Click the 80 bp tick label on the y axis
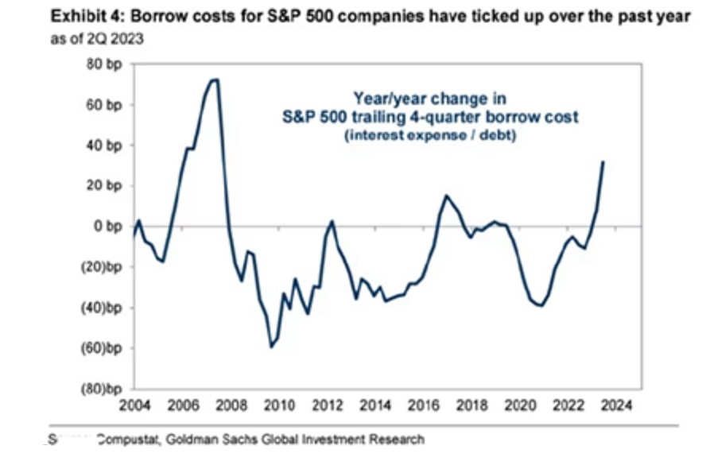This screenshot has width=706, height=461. pos(105,64)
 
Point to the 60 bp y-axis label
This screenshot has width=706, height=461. pos(105,105)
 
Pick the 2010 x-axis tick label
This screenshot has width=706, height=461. pos(275,405)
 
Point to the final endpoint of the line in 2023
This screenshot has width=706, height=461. pos(603,162)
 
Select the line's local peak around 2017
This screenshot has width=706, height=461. pos(446,196)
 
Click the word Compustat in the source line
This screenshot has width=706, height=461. pos(126,438)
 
